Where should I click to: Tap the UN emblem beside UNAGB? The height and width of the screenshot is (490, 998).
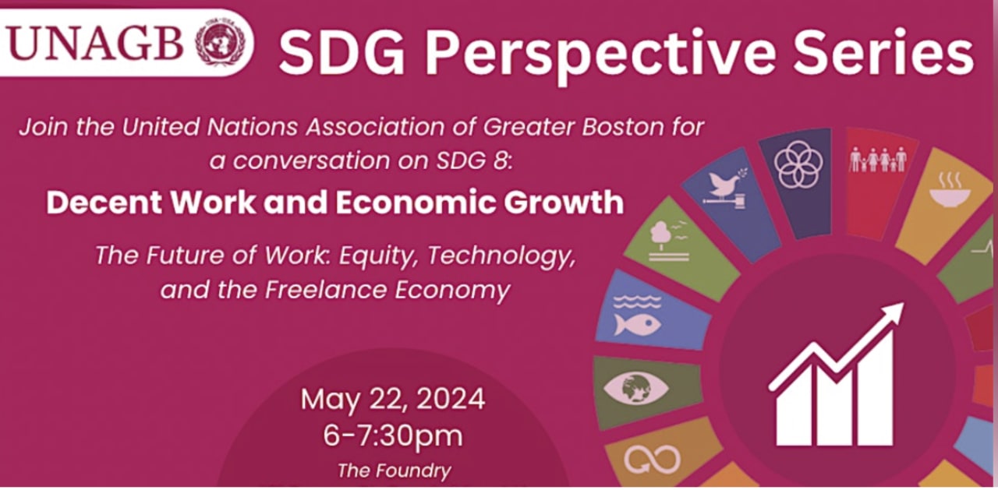pos(221,42)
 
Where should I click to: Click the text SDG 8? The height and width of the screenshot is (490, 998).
pos(475,160)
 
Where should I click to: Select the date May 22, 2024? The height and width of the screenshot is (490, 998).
pos(393,399)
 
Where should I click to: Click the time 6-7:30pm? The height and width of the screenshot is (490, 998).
pos(393,435)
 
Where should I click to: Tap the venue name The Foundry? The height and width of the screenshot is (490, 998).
pos(395,471)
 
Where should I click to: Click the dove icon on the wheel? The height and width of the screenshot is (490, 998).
pos(724,188)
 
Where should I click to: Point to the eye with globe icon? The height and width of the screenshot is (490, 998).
pos(636,388)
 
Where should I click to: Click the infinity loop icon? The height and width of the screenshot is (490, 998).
pos(653,460)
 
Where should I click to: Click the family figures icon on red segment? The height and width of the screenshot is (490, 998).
pos(878,160)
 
